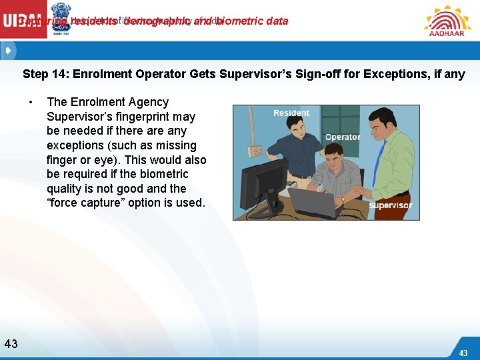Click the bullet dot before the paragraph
pyautogui.click(x=31, y=102)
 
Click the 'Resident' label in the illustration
pyautogui.click(x=291, y=113)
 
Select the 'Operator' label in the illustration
pyautogui.click(x=342, y=137)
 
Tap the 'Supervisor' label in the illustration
pyautogui.click(x=390, y=205)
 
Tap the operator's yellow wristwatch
pyautogui.click(x=343, y=199)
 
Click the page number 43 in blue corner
pyautogui.click(x=463, y=352)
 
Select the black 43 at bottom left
pyautogui.click(x=11, y=344)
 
